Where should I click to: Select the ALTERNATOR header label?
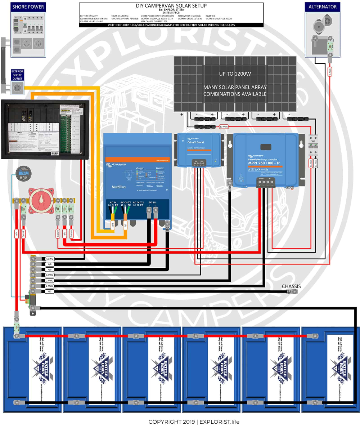pyautogui.click(x=323, y=7)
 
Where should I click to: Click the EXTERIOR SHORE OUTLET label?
pyautogui.click(x=17, y=75)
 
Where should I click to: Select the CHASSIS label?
pyautogui.click(x=291, y=286)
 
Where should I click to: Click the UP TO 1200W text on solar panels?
pyautogui.click(x=235, y=73)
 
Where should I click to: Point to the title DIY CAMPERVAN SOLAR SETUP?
pyautogui.click(x=171, y=6)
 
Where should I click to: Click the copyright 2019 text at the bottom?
pyautogui.click(x=194, y=422)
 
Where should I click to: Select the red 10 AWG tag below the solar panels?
pyautogui.click(x=224, y=126)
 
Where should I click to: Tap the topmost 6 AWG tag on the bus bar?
pyautogui.click(x=50, y=259)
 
